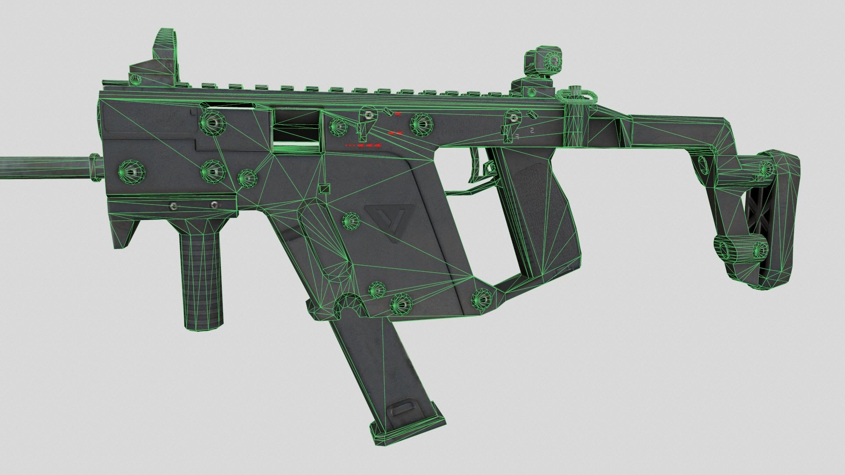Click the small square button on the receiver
tap(324, 189)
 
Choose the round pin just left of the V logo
tap(351, 219)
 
